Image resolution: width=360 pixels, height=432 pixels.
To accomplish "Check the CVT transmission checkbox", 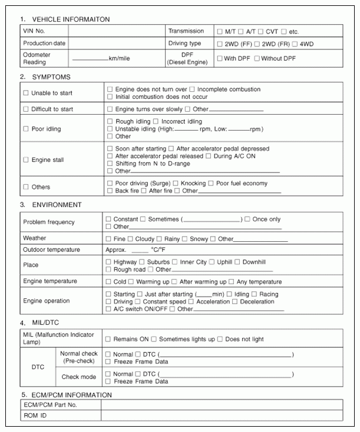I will click(259, 31).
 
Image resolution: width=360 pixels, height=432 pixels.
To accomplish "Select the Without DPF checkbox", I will click(257, 58).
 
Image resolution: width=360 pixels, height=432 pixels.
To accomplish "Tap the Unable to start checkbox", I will click(25, 93).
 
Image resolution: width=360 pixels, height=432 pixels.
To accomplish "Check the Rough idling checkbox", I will click(110, 122).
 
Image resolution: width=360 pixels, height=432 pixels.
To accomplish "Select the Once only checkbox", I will click(247, 219).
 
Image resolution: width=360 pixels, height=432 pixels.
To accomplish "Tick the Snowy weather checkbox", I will click(185, 239).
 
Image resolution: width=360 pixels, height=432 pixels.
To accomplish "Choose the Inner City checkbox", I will click(175, 262).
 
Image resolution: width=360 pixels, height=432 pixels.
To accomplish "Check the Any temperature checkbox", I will click(232, 282).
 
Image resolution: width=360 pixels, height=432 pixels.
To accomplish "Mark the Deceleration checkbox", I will click(235, 302).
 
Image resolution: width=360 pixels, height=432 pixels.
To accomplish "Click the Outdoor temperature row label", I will click(51, 250).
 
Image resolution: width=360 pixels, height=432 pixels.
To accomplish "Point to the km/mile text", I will click(121, 58).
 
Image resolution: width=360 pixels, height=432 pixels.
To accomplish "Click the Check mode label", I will click(78, 377).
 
